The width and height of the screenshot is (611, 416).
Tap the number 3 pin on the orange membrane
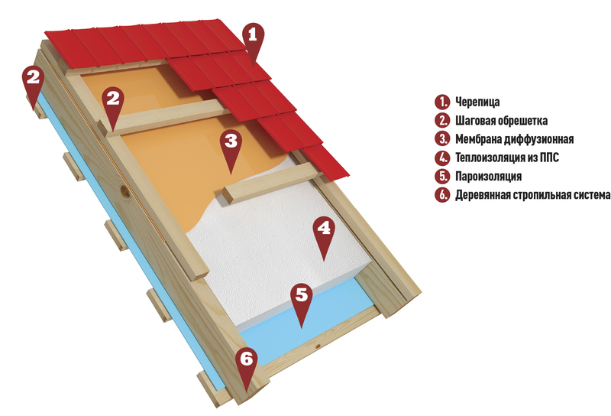231,146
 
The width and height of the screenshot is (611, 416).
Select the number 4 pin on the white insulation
324,233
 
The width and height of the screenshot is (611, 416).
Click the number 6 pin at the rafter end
246,364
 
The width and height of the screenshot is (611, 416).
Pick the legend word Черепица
477,102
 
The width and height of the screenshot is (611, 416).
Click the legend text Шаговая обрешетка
501,121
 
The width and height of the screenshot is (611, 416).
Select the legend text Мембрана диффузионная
514,139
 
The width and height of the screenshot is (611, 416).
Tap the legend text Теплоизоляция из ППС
507,158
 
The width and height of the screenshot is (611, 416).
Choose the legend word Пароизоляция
488,177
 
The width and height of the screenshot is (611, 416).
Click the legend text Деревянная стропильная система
532,195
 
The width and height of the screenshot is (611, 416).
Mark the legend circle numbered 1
442,102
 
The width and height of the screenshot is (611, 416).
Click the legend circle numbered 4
442,158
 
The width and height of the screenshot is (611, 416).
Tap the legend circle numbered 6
442,195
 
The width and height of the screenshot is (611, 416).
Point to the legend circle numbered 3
442,139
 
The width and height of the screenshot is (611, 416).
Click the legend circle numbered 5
442,176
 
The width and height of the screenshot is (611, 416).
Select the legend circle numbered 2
442,120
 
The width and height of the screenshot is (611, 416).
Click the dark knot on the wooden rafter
125,191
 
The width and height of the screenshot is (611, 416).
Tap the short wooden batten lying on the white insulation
272,183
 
